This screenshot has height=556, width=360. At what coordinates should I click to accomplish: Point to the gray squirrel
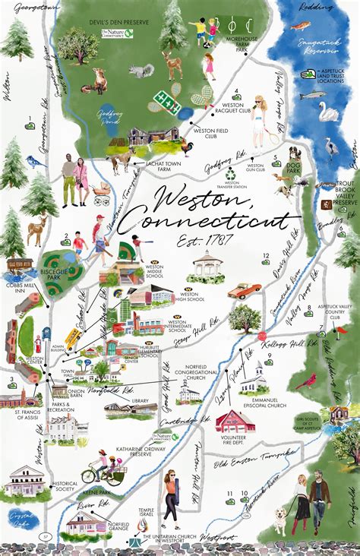point(140,71)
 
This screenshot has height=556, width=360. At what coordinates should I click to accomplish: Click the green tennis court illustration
point(164,100)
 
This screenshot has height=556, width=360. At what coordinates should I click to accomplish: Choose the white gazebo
point(209,265)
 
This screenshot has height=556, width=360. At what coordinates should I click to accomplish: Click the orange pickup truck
point(243,290)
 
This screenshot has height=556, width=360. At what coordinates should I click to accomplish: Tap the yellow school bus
point(74,336)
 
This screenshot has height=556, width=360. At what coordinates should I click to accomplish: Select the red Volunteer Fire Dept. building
point(235,421)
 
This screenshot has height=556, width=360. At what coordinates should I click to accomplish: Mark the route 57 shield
point(46,537)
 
